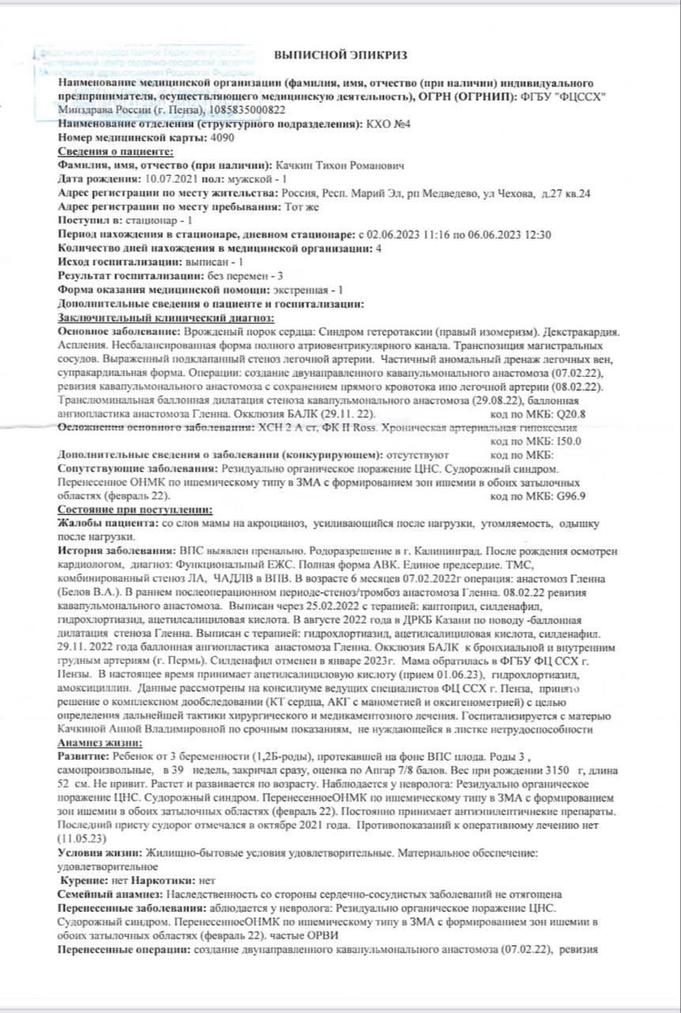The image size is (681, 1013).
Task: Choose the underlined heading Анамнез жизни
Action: point(100,745)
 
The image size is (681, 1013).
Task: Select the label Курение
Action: point(89,880)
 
